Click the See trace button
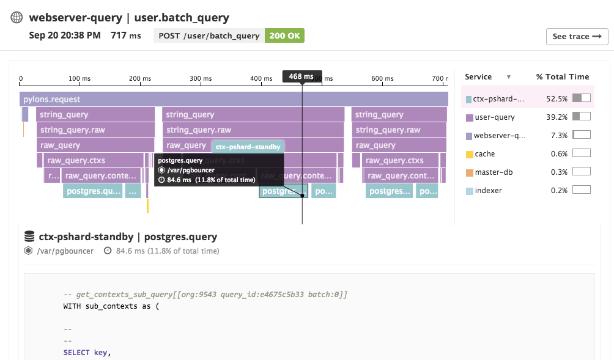577,37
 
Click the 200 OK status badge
284,35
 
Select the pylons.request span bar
234,99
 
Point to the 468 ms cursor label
301,76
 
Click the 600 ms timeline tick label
382,78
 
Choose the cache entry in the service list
484,154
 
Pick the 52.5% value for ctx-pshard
557,98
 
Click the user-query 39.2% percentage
557,117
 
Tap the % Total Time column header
562,77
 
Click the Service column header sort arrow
508,77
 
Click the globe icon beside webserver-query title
17,18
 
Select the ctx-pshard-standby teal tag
248,147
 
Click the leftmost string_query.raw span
96,130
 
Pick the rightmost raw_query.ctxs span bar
401,160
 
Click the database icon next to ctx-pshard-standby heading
29,237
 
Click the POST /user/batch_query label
209,35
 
